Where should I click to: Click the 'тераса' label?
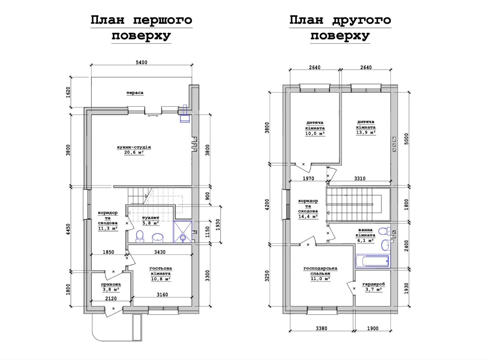point(135,92)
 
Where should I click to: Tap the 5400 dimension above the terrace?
point(141,62)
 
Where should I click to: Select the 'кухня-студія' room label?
point(134,147)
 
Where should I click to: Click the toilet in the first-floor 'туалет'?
point(140,236)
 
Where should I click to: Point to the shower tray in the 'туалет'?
point(183,232)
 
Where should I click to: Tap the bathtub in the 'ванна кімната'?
point(372,261)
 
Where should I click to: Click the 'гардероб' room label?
point(374,284)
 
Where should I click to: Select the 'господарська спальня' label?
point(320,271)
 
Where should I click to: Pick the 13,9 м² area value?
point(366,132)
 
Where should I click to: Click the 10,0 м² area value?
point(315,133)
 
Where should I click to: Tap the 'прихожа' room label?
point(111,284)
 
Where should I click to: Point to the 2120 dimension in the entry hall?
point(111,298)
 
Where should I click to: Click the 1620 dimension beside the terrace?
point(68,92)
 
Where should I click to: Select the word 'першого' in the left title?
point(163,20)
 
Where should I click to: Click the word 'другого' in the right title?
point(361,21)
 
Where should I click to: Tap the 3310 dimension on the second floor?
point(360,178)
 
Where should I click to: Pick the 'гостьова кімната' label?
point(161,271)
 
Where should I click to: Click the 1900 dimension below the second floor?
point(372,328)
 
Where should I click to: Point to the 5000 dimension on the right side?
point(406,139)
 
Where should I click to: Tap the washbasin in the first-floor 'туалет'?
point(158,238)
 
